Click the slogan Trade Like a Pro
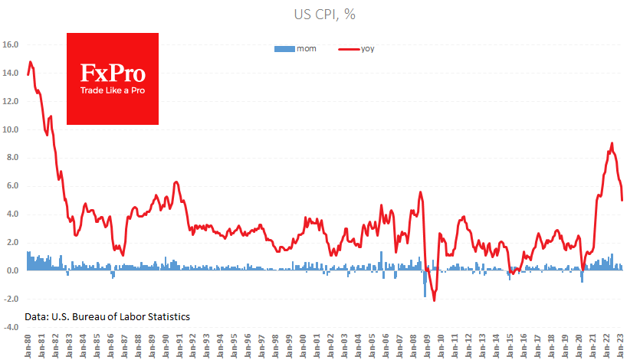click(x=113, y=90)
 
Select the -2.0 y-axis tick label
click(x=10, y=299)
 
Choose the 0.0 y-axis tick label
click(x=11, y=270)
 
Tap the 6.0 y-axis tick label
click(x=11, y=186)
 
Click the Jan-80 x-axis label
click(x=28, y=345)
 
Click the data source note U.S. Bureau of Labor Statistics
click(x=107, y=316)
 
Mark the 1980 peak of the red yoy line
click(x=30, y=62)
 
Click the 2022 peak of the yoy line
click(x=612, y=143)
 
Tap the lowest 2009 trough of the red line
click(x=434, y=300)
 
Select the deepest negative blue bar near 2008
click(x=425, y=296)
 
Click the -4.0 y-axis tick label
click(x=10, y=327)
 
